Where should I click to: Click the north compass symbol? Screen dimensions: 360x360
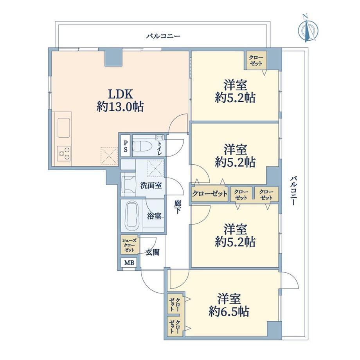308,29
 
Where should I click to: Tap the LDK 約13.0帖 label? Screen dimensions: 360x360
120,100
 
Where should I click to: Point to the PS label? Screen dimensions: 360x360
126,146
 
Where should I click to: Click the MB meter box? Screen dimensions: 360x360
129,263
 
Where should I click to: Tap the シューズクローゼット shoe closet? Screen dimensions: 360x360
130,244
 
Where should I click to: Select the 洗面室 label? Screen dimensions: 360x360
151,185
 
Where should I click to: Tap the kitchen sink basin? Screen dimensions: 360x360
64,128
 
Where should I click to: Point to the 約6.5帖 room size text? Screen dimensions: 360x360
229,311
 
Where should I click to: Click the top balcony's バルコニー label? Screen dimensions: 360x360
163,36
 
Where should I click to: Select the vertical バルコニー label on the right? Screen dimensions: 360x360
293,190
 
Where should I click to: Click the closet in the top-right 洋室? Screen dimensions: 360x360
256,60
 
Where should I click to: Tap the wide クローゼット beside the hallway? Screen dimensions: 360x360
209,194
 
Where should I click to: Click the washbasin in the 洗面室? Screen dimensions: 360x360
128,185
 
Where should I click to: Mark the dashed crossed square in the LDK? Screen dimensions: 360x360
109,155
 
